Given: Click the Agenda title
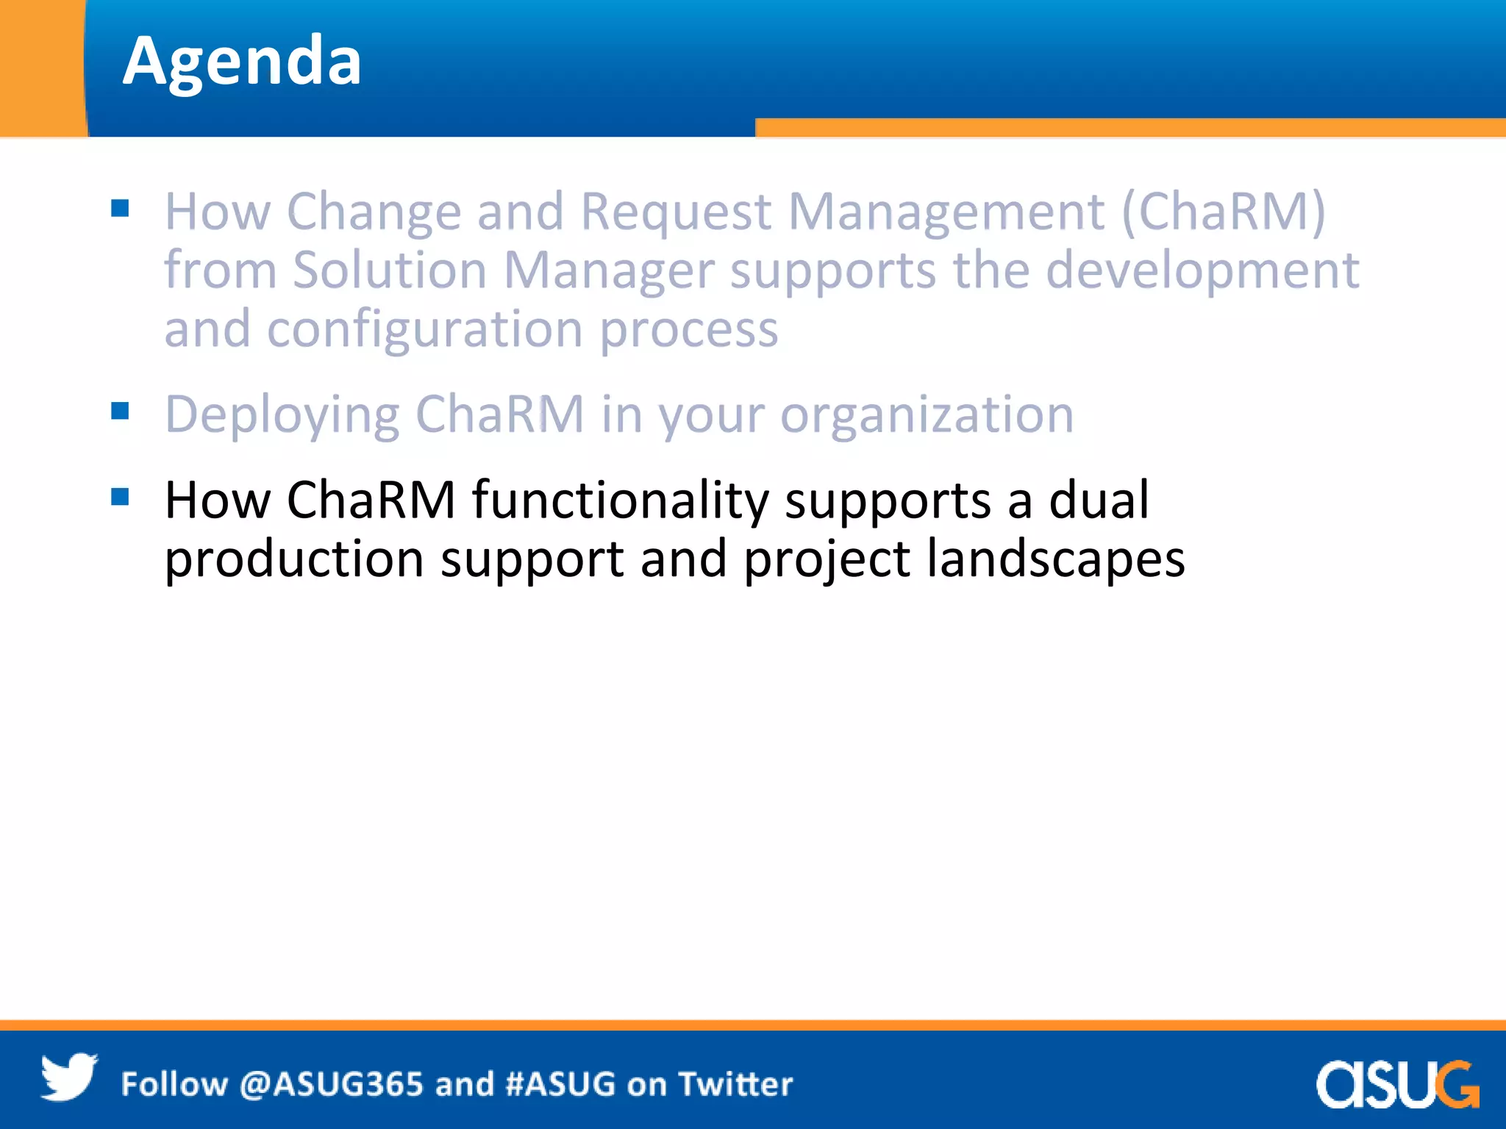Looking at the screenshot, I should (x=242, y=62).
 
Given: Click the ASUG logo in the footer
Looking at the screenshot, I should (x=1397, y=1083).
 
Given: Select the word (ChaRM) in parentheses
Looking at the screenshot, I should (x=1223, y=212).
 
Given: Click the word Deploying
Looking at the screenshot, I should (x=282, y=416).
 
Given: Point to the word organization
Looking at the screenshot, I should (x=927, y=416).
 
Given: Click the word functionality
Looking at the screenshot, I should (x=619, y=501).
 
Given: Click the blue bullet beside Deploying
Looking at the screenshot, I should (x=120, y=410).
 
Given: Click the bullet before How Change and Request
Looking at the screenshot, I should (x=120, y=209).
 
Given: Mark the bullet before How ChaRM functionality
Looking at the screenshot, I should (x=120, y=497).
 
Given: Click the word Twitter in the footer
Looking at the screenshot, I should (x=735, y=1085).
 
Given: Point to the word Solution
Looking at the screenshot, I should (x=390, y=270).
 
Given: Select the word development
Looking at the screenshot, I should (x=1202, y=270).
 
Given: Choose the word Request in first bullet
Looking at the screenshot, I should (x=676, y=212).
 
